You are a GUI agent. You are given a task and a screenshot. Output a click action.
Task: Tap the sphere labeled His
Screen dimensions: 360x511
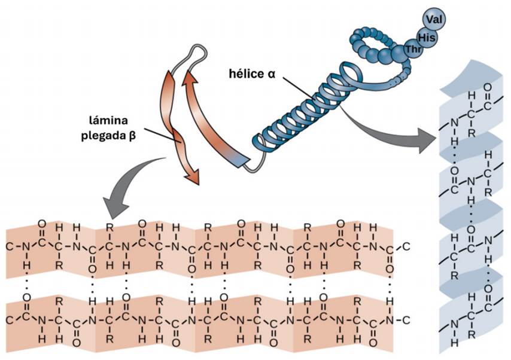427,38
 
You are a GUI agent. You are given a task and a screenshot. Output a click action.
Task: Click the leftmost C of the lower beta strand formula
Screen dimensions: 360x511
10,319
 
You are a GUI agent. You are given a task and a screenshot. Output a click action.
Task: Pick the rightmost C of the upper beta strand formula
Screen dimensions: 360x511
407,246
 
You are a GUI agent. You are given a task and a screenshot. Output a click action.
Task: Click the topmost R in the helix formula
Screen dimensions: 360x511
471,133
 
